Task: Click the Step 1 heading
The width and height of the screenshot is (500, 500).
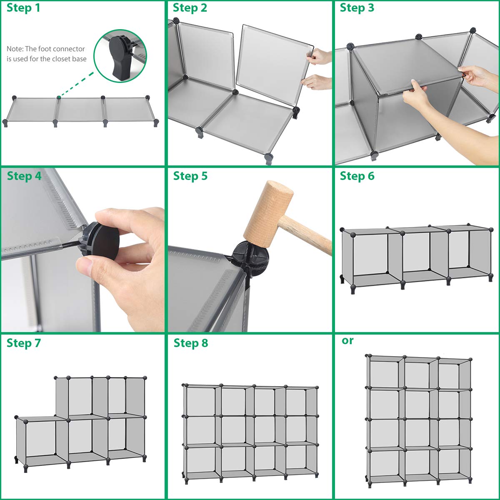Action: click(x=23, y=8)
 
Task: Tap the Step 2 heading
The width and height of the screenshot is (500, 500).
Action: click(x=190, y=8)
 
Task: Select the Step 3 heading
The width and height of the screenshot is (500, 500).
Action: click(x=357, y=8)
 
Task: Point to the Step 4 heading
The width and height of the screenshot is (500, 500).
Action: click(x=24, y=176)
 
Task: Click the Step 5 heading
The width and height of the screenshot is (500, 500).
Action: click(x=190, y=176)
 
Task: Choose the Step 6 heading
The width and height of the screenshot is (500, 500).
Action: click(x=357, y=176)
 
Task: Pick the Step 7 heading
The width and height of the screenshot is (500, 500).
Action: click(x=24, y=343)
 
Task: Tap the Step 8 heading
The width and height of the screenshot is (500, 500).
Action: click(x=190, y=343)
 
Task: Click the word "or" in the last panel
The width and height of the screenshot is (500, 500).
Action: click(x=347, y=340)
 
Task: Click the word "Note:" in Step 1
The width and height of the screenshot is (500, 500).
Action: click(x=15, y=49)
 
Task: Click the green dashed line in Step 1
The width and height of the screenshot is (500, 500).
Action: click(x=77, y=85)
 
